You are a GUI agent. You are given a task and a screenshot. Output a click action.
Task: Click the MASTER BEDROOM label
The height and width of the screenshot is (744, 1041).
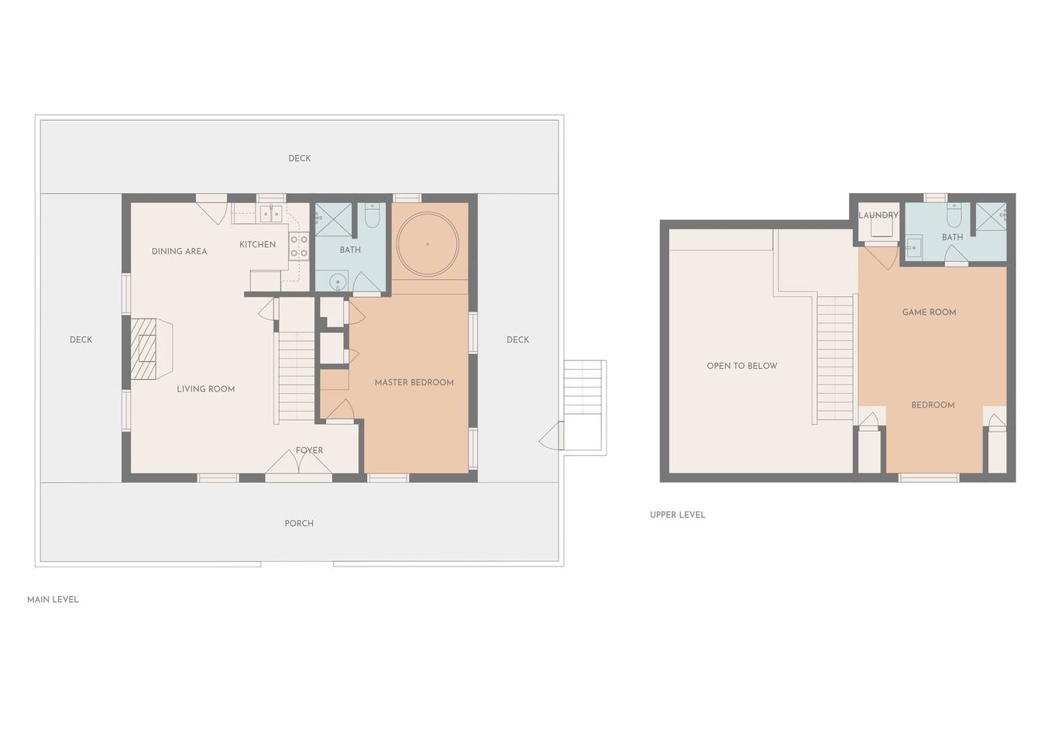point(414,383)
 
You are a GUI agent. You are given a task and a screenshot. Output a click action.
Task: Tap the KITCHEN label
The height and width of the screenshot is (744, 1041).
point(257,245)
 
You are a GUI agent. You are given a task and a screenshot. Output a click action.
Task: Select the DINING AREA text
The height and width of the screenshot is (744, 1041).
point(180,252)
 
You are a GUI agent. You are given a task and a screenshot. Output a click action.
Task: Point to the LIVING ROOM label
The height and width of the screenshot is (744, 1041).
point(206,389)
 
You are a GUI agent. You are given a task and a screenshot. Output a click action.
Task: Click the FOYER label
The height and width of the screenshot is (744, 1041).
point(310,450)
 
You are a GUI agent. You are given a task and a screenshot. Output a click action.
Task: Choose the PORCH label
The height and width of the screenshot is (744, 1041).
point(299,524)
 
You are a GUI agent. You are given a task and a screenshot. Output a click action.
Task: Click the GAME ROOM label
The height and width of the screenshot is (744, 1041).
point(929,312)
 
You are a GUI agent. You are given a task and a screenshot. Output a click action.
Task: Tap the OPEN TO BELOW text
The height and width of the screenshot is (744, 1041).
point(742,366)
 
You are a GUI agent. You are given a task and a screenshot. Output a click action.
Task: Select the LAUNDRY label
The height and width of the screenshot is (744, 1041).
point(878,215)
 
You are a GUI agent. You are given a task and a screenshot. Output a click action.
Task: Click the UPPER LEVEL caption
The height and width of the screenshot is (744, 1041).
point(678,515)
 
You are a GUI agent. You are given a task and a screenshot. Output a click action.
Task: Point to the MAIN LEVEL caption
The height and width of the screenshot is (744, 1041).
point(53,600)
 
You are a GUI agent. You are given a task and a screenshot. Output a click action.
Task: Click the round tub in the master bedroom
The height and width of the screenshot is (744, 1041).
point(428,244)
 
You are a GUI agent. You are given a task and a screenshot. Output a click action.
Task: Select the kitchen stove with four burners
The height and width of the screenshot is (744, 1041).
point(299,246)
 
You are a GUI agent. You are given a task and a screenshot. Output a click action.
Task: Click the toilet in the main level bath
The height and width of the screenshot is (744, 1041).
point(372,215)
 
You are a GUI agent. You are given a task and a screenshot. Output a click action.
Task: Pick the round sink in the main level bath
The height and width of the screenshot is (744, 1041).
point(338,281)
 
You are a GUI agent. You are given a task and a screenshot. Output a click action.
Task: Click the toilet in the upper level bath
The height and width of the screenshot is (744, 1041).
point(953,215)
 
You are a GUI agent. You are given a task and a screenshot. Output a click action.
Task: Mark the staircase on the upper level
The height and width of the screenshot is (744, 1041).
point(835,358)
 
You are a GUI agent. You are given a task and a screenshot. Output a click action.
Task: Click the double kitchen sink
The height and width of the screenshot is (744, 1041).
point(271,214)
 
